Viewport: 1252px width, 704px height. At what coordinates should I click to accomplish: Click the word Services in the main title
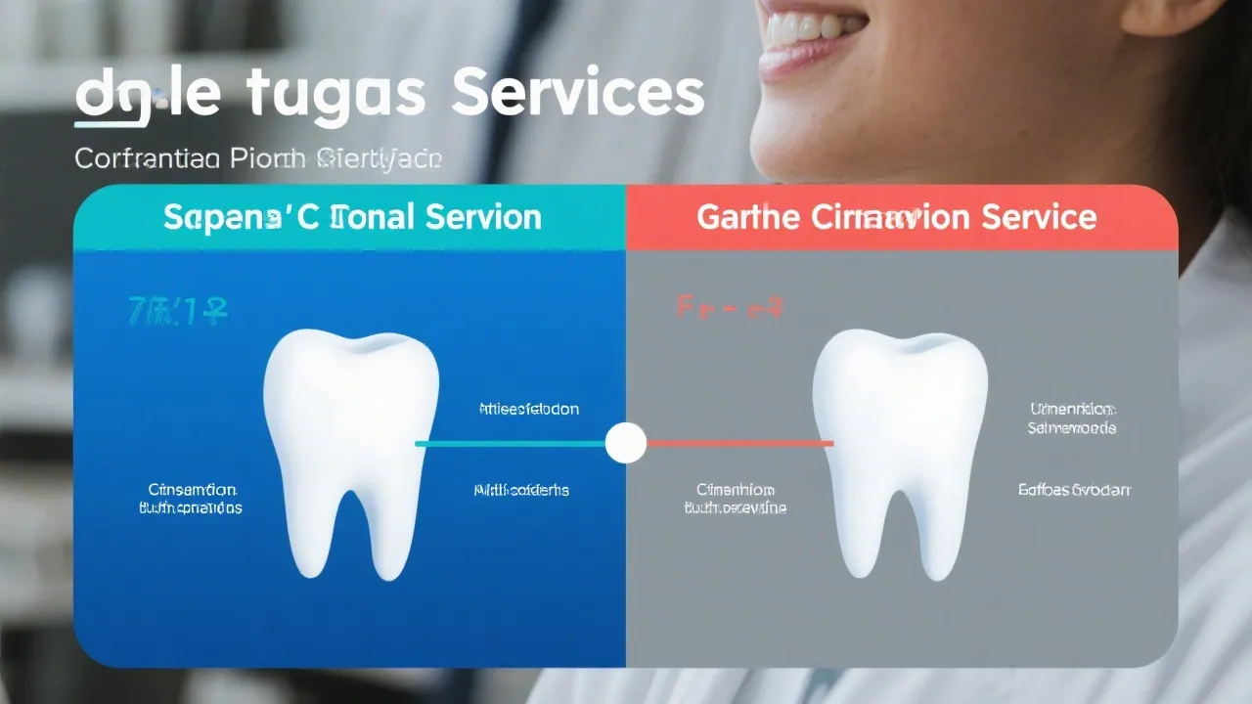[580, 95]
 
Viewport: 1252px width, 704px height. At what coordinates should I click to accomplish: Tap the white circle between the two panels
[626, 443]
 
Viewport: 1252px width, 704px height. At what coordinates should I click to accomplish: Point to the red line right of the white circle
[738, 443]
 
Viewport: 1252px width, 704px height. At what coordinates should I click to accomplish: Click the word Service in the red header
[1042, 216]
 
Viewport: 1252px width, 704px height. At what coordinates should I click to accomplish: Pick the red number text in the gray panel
[730, 309]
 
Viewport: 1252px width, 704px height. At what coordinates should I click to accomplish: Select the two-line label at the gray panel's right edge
[1072, 418]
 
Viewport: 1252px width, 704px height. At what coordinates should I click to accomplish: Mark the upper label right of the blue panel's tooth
[528, 409]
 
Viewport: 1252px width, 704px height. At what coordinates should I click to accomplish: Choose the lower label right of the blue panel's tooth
[521, 489]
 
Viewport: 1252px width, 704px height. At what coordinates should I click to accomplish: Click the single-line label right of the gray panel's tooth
[1074, 489]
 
